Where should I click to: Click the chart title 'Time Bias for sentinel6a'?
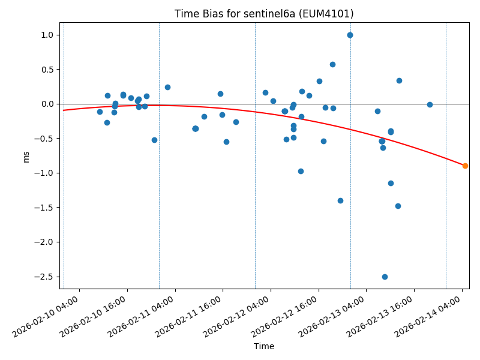click(x=264, y=14)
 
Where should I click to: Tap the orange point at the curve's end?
click(x=465, y=166)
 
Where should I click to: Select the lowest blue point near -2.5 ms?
click(x=385, y=277)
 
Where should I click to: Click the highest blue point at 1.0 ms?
click(x=350, y=35)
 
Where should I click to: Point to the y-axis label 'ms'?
click(x=26, y=157)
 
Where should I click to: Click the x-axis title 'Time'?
click(x=264, y=346)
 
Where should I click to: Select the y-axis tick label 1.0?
click(x=48, y=35)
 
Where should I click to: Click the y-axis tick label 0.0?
click(x=48, y=104)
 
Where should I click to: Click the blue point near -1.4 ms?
click(x=340, y=200)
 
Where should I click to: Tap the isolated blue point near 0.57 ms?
click(x=332, y=64)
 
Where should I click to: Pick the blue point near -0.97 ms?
click(x=301, y=171)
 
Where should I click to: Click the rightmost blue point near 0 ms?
click(x=430, y=104)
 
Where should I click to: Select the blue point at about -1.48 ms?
click(x=398, y=206)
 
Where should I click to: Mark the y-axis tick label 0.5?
click(x=48, y=70)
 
